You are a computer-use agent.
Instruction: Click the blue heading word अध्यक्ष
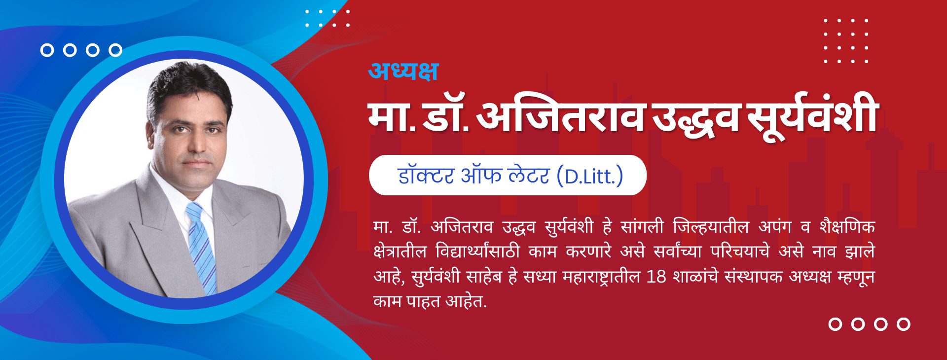[403, 71]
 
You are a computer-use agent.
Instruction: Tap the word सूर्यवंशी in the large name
[812, 116]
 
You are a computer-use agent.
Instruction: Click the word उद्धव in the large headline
[695, 118]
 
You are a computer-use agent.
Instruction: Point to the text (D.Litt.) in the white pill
[590, 176]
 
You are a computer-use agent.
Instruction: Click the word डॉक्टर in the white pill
[425, 176]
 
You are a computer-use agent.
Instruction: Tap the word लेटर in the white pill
[528, 176]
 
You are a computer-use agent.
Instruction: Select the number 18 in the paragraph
[656, 277]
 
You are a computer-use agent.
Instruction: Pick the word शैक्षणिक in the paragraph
[847, 226]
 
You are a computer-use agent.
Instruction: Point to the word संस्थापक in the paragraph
[753, 277]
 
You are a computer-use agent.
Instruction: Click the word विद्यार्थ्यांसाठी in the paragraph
[477, 252]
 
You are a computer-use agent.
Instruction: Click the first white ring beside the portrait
[47, 50]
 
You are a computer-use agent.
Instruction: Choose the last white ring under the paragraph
[904, 324]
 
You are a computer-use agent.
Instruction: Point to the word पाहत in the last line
[423, 301]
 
